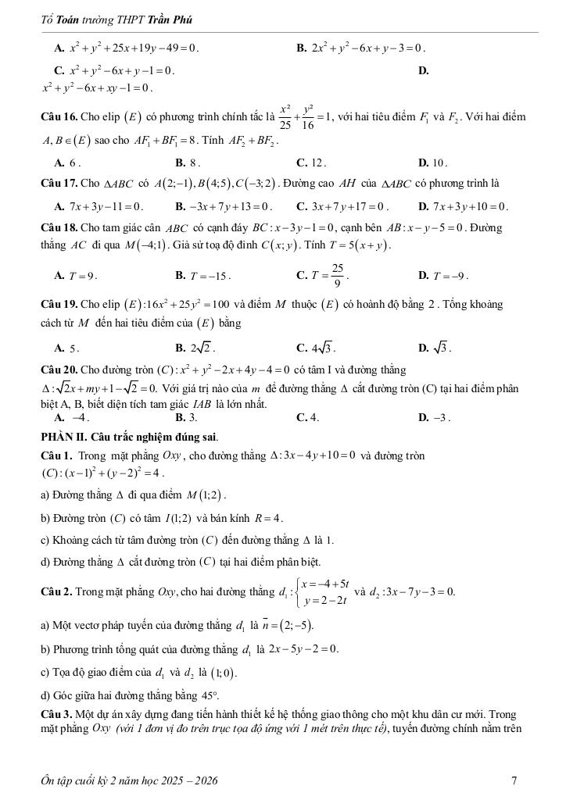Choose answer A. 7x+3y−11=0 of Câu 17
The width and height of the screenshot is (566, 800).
99,207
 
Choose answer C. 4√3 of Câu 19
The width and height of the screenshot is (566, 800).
317,348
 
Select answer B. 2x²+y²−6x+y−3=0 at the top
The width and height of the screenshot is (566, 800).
361,48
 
